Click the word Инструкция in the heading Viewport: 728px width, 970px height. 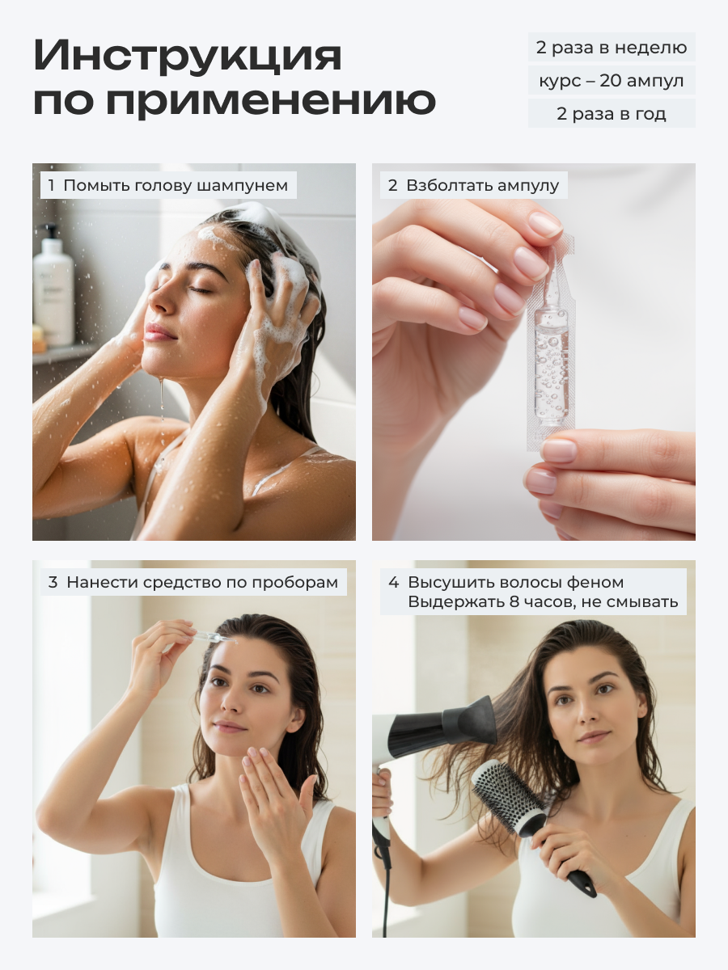(x=188, y=56)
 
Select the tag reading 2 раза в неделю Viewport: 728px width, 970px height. (x=612, y=47)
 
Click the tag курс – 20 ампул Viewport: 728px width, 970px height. (x=612, y=80)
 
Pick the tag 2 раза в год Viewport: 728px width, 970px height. (x=612, y=114)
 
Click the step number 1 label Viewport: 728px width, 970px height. (x=51, y=185)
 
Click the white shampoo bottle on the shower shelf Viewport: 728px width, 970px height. (x=53, y=285)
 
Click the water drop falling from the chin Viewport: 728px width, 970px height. (x=161, y=394)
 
